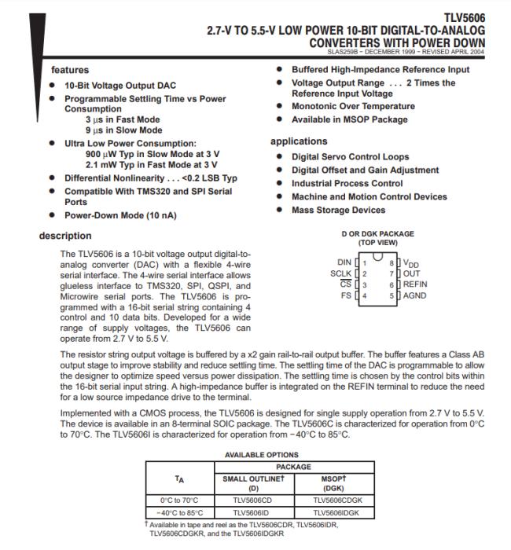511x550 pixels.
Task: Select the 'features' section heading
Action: pos(70,70)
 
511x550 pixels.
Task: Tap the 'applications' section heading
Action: pos(299,141)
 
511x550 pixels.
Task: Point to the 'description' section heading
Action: pos(65,236)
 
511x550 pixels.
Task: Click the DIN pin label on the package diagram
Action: pos(344,262)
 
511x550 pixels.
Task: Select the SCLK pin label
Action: pos(340,273)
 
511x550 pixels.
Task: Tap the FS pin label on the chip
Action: pos(347,295)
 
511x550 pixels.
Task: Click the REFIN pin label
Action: pos(416,284)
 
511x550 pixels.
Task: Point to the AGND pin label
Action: pos(416,295)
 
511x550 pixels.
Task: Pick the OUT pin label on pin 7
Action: pos(412,273)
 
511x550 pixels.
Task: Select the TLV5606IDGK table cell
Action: pos(336,511)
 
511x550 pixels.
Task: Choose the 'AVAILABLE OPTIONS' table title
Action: pos(262,454)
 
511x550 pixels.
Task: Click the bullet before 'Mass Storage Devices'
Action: pos(281,211)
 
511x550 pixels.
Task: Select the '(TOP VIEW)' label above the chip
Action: pos(377,243)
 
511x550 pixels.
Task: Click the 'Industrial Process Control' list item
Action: pos(347,183)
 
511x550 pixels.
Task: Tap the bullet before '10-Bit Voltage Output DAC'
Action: pos(52,85)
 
